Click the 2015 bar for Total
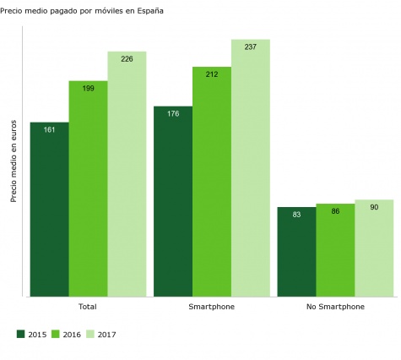[49, 210]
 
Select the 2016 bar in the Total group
[88, 188]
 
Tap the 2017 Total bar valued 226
[127, 174]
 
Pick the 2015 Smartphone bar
[173, 201]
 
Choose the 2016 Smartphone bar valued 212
[212, 182]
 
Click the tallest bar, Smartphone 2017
[251, 168]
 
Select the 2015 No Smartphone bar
[296, 252]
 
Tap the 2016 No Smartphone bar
[335, 250]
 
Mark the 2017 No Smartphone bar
[374, 248]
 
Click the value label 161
[49, 129]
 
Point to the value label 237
[251, 46]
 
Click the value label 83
[296, 214]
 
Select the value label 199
[88, 88]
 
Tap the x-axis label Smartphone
[211, 306]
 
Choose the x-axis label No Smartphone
[335, 306]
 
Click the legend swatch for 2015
[21, 335]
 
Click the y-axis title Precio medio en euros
[14, 161]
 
